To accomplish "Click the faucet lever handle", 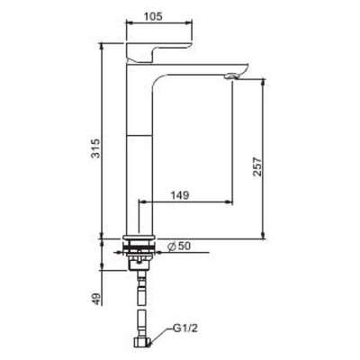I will [162, 50].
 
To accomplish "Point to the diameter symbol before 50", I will [169, 244].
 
